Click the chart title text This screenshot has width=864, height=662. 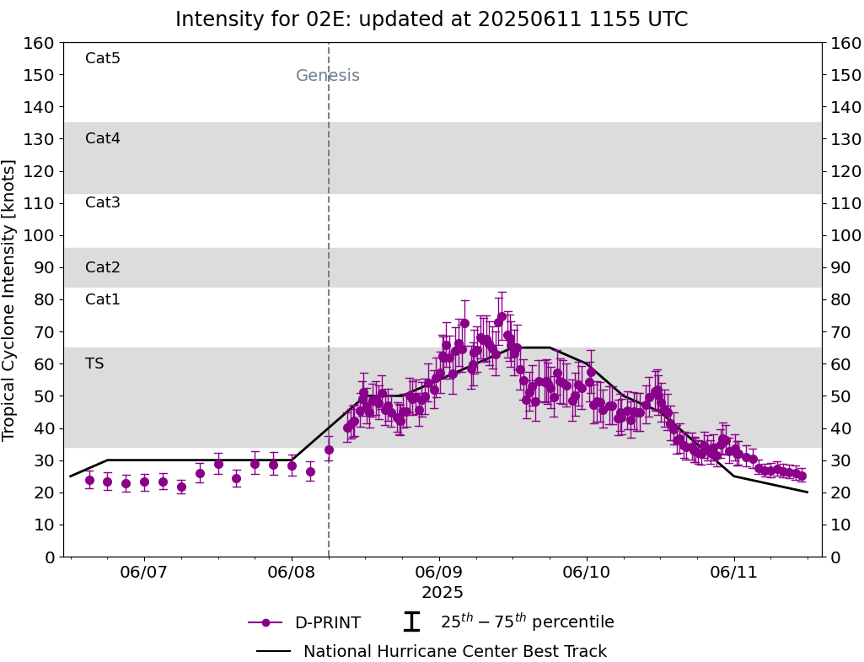point(432,19)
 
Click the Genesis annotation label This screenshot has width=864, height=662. point(328,76)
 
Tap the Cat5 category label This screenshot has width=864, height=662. point(103,58)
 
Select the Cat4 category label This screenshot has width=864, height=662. point(103,138)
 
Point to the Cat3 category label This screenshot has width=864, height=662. point(103,202)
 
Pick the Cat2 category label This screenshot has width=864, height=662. point(103,267)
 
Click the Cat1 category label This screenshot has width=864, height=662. point(103,299)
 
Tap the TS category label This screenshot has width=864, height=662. point(94,363)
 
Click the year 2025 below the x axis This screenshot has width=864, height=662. point(443,593)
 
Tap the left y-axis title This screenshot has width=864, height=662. point(10,299)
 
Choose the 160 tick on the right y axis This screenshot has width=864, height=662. point(845,43)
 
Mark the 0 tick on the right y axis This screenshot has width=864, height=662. point(835,557)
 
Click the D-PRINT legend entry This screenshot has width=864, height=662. point(327,623)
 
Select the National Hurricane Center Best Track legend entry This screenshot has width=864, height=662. point(454,652)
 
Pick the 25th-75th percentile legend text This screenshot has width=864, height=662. point(527,622)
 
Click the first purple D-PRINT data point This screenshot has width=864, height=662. point(89,481)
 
